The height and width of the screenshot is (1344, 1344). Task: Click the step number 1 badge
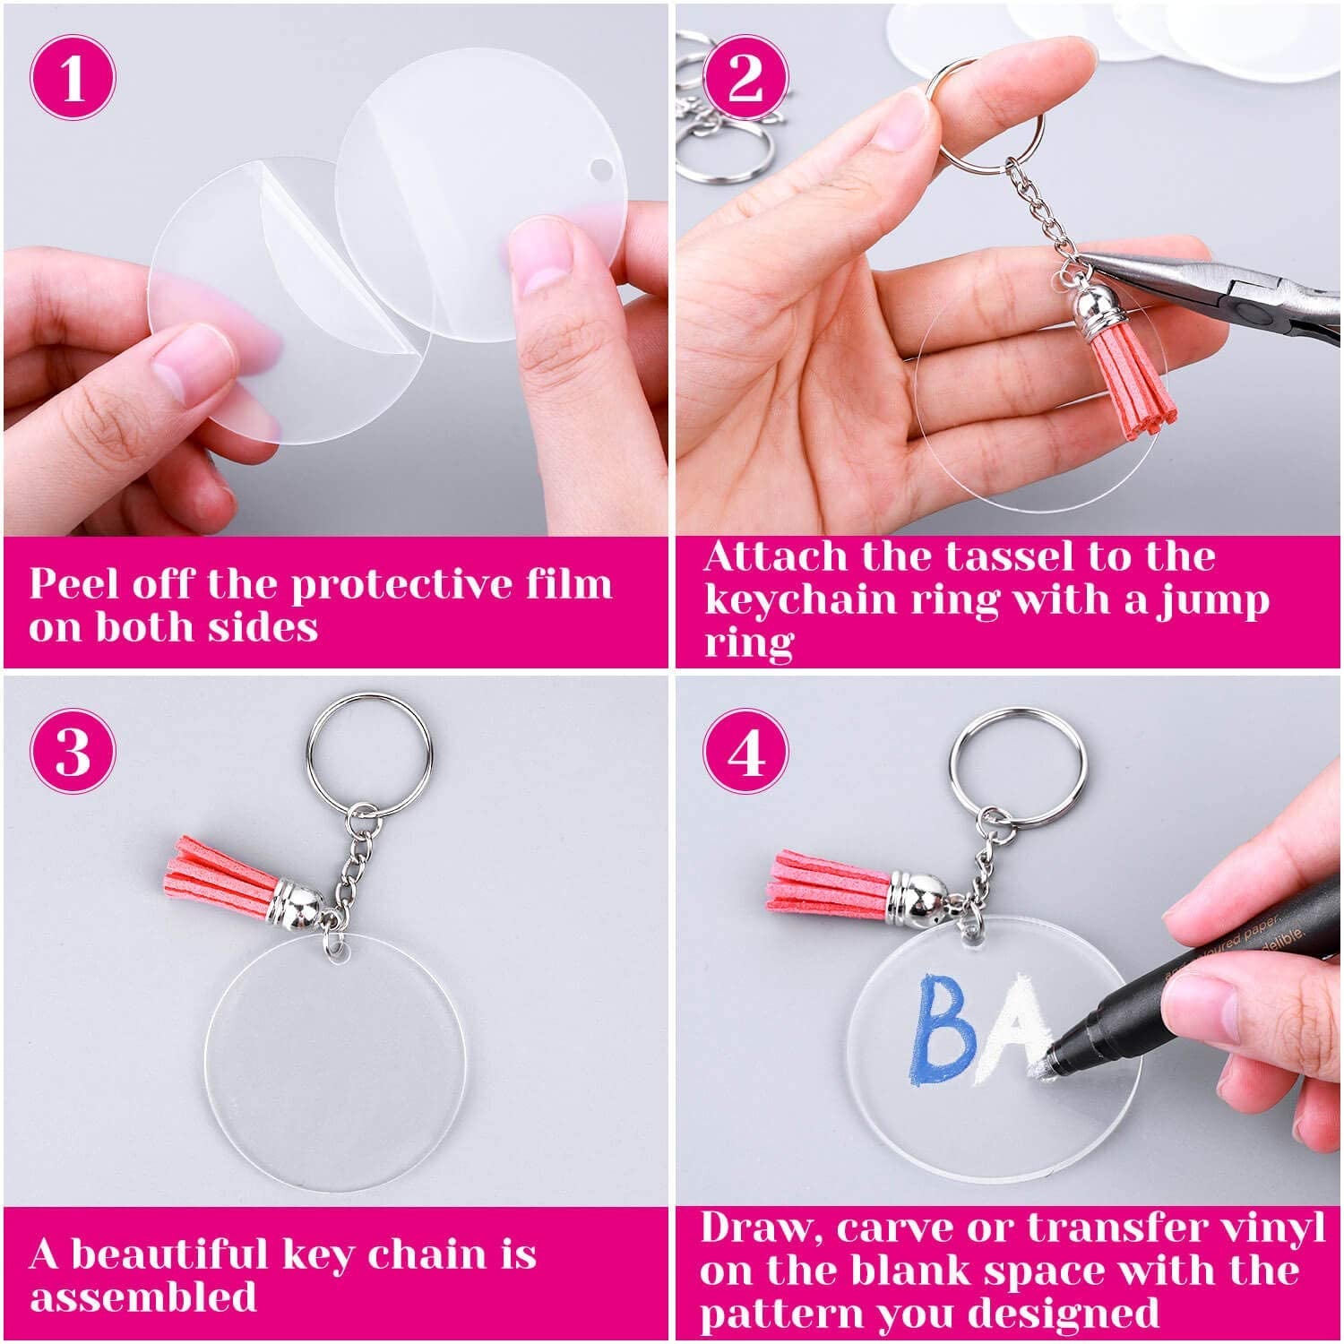[73, 77]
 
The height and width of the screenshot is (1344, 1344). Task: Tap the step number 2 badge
[745, 77]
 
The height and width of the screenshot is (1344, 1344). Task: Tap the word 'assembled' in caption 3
[143, 1297]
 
